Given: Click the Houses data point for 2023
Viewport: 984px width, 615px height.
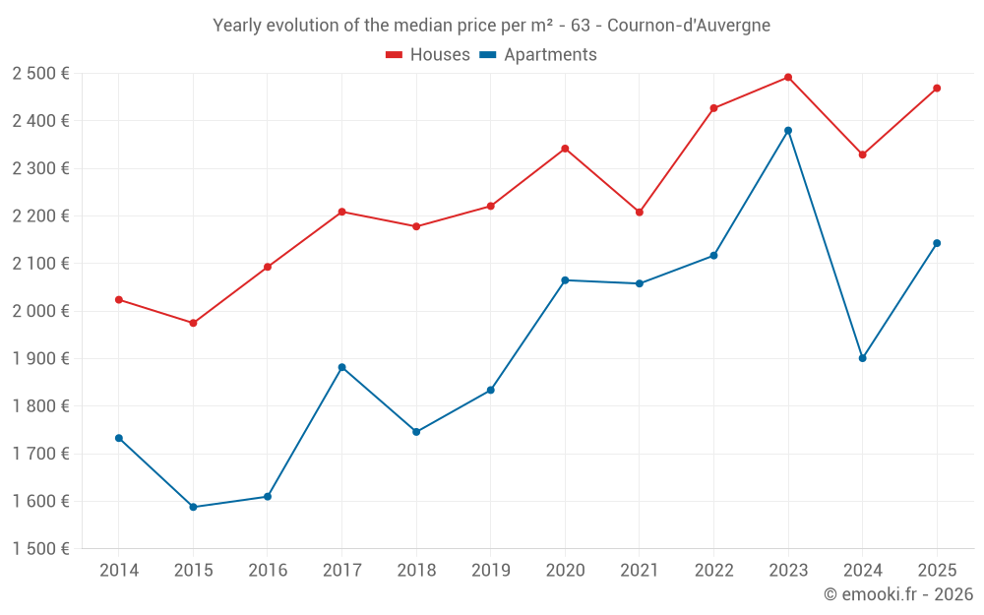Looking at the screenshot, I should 788,78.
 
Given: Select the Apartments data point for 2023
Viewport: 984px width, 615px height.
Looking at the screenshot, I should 788,131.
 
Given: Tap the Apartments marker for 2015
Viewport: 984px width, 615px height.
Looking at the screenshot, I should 193,508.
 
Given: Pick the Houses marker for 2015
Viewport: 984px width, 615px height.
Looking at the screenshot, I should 193,323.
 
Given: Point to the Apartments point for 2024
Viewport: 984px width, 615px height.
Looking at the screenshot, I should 862,358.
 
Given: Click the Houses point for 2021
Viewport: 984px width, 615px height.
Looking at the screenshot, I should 640,213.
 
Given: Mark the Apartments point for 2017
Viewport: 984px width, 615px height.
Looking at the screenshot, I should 341,367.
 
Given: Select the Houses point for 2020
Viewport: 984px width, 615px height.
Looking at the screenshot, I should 565,149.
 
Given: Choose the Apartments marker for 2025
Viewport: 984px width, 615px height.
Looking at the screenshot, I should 937,243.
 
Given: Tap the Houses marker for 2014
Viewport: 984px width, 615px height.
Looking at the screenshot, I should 119,299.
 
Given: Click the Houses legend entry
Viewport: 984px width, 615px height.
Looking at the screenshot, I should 428,55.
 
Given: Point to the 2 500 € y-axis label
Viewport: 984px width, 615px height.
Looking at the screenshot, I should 40,74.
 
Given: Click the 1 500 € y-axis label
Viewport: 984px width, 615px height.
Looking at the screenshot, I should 40,549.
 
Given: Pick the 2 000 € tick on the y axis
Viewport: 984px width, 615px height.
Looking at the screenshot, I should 40,311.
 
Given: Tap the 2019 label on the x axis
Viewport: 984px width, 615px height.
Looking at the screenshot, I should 490,571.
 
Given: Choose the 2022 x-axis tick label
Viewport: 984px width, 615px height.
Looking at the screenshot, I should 713,571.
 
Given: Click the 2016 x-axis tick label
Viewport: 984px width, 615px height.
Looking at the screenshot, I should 268,571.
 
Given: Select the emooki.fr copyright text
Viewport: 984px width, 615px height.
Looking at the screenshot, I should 898,594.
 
